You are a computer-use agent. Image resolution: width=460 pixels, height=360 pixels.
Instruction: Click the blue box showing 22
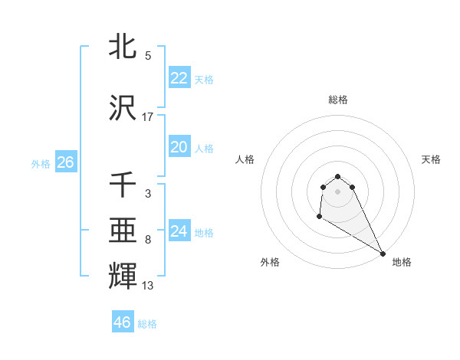(x=179, y=78)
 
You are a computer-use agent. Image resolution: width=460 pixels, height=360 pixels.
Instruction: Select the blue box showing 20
(x=179, y=147)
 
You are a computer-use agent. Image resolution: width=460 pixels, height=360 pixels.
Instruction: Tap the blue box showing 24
(x=179, y=231)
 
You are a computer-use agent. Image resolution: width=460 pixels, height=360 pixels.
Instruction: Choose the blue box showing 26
(x=65, y=162)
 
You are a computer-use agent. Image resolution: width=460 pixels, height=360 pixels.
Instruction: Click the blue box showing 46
(x=123, y=322)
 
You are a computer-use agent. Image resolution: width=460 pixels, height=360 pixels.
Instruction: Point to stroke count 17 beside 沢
(x=148, y=117)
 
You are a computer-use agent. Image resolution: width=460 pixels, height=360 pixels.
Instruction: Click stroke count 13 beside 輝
(x=148, y=286)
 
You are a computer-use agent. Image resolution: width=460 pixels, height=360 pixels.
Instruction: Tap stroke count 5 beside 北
(x=148, y=56)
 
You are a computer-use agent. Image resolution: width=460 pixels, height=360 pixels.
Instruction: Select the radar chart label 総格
(x=337, y=100)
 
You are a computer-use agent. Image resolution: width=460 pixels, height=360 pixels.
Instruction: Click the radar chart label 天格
(x=431, y=159)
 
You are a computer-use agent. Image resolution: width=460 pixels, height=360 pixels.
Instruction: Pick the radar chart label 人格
(x=245, y=159)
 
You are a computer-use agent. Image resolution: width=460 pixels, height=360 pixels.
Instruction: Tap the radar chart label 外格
(x=270, y=263)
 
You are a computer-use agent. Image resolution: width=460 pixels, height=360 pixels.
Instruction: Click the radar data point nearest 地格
(x=383, y=254)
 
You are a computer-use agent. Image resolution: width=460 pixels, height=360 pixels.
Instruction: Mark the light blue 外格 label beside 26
(x=41, y=163)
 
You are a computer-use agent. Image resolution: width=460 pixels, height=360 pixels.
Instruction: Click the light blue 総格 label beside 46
(x=147, y=324)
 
